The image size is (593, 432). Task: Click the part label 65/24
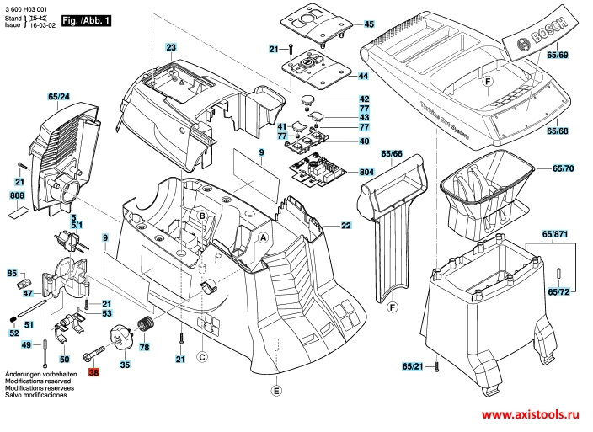(58, 98)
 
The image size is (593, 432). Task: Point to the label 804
(366, 172)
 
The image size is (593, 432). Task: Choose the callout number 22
(346, 226)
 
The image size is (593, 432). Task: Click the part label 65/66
(392, 154)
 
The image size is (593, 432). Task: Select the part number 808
(17, 195)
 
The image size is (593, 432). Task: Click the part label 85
(12, 273)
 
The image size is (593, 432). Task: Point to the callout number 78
(144, 347)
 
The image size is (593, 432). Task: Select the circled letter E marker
(276, 390)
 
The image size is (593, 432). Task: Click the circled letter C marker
(202, 355)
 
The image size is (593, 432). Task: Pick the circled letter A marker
(263, 238)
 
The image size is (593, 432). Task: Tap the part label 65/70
(563, 168)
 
